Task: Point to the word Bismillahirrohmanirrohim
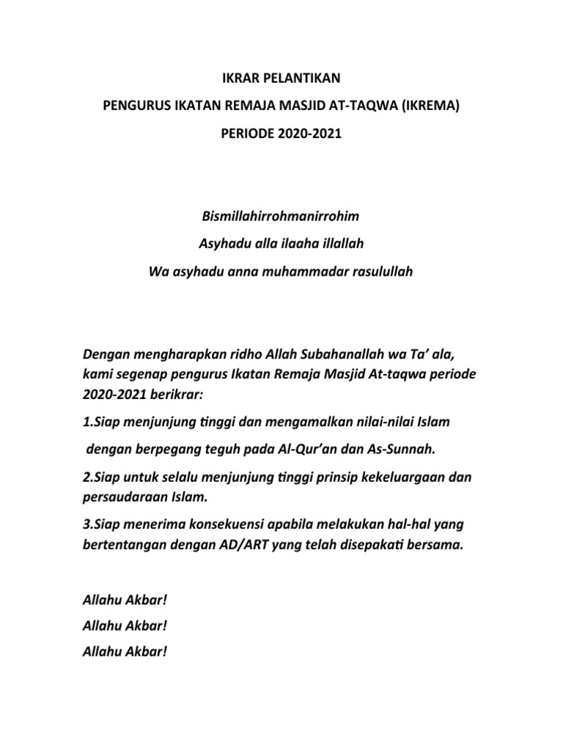tap(281, 218)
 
